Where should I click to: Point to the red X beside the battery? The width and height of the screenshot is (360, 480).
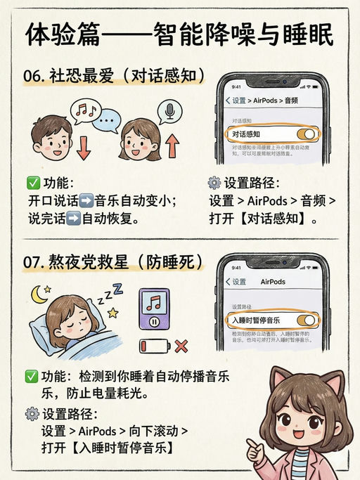tap(181, 346)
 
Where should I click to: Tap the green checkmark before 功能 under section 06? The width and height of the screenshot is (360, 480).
tap(32, 183)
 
